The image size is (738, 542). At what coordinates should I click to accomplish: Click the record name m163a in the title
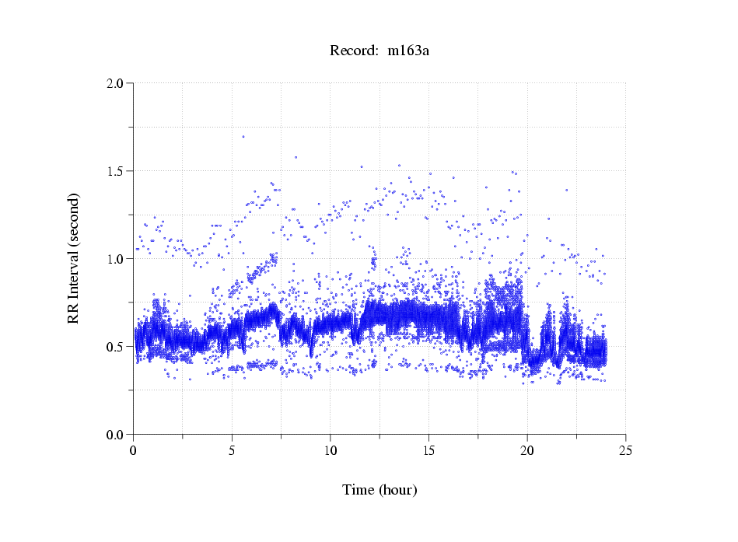408,51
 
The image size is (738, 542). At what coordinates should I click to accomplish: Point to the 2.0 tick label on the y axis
116,82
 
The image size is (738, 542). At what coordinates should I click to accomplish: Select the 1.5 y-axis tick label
116,170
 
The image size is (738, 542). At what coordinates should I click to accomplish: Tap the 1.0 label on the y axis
116,258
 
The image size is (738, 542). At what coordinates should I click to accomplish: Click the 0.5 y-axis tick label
116,346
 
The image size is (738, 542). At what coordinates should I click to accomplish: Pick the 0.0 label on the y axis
116,434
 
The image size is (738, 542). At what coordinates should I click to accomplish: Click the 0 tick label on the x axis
134,449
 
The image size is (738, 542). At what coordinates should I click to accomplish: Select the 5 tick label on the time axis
232,449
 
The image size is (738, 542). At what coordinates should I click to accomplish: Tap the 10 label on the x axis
331,449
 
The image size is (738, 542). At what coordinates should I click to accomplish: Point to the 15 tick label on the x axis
428,449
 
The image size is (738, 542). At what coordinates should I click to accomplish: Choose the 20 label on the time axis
527,449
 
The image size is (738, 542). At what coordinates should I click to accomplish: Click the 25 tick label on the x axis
625,449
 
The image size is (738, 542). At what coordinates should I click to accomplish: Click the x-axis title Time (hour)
379,490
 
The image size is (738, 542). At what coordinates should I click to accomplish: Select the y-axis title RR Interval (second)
73,258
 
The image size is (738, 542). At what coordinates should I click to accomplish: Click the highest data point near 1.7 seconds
243,136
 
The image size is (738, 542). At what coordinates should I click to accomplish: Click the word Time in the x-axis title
359,490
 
